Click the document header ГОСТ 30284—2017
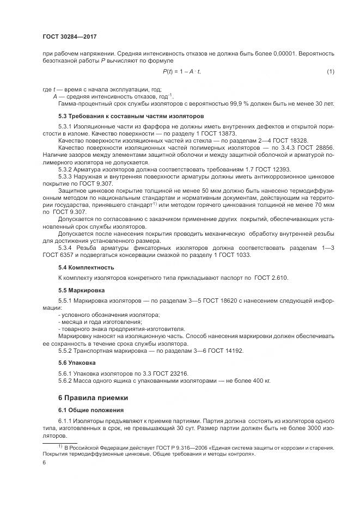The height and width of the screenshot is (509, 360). tap(66, 37)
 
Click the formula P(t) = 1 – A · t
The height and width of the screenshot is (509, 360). tap(186, 71)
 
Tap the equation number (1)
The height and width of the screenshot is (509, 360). tap(330, 71)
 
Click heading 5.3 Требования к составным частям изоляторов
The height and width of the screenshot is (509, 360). tap(131, 116)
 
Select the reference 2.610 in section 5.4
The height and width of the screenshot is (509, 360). tap(279, 278)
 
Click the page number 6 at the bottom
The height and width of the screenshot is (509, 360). tap(44, 463)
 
